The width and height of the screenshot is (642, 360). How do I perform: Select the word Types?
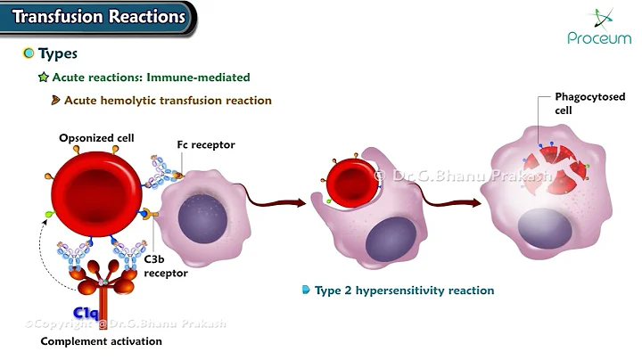(58, 53)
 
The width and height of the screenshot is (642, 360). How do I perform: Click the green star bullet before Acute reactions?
(43, 78)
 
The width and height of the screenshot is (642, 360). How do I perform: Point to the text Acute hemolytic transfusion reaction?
(168, 101)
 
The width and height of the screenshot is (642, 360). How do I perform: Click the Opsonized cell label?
(97, 138)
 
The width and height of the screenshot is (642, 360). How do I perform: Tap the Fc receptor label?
(205, 144)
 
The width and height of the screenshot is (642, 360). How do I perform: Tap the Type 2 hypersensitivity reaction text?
(404, 290)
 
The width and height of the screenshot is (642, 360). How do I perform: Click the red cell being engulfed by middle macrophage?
(350, 184)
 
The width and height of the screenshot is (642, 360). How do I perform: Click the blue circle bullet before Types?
(28, 53)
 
